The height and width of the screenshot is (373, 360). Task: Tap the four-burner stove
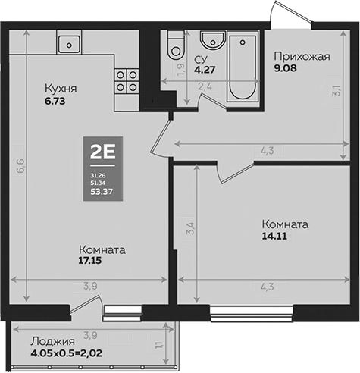pos(126,80)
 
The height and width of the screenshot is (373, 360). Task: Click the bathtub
pos(243,67)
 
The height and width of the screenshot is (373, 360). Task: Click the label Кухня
pos(61,89)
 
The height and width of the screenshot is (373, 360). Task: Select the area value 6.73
pos(56,101)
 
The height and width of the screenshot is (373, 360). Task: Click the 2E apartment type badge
pos(102,152)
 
